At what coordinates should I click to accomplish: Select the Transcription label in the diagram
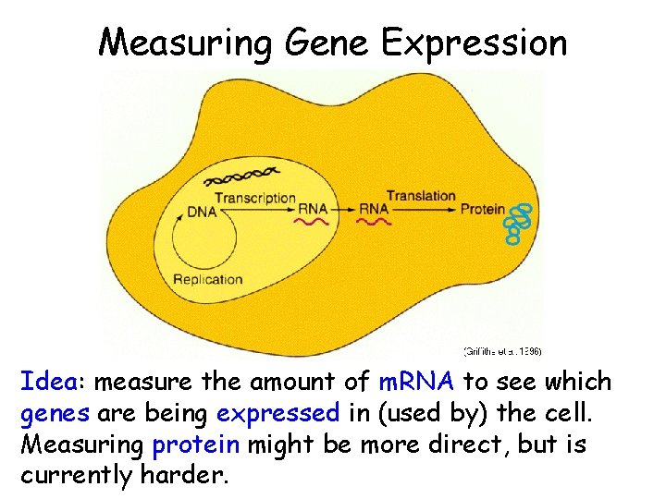point(255,198)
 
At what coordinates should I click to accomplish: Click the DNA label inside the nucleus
point(202,212)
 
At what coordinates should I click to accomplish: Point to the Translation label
point(421,195)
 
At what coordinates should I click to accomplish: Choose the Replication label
point(208,280)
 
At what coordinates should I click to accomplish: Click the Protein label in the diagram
point(483,209)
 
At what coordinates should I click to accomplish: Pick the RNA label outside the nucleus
point(374,209)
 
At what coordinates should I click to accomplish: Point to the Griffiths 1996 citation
point(502,351)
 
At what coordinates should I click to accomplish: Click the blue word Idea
point(53,381)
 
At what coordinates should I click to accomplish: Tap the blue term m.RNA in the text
point(416,381)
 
